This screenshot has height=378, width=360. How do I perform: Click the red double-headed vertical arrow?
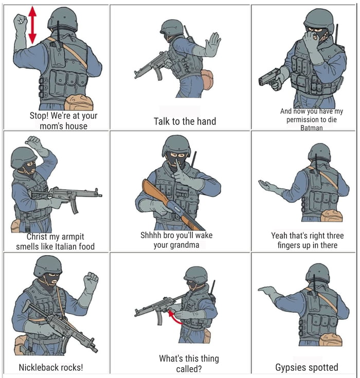(32, 24)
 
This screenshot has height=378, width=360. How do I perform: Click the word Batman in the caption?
(312, 128)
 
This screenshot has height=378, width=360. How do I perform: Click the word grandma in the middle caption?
(184, 245)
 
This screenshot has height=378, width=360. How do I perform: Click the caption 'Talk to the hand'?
(185, 121)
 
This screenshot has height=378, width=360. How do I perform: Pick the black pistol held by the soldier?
(269, 79)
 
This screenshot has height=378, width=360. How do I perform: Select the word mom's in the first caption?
(54, 126)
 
